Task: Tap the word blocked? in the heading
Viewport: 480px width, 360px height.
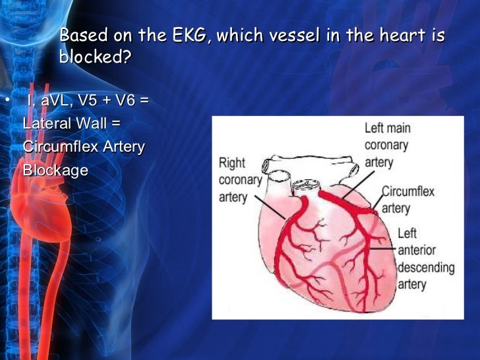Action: [95, 57]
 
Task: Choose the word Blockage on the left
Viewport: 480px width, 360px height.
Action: [55, 169]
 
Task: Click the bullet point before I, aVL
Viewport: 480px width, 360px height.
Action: [6, 100]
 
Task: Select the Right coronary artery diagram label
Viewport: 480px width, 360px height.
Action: [240, 179]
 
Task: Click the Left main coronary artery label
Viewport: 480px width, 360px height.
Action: [387, 144]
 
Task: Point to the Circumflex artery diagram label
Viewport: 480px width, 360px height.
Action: [408, 199]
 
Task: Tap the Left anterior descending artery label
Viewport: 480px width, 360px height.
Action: [426, 258]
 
